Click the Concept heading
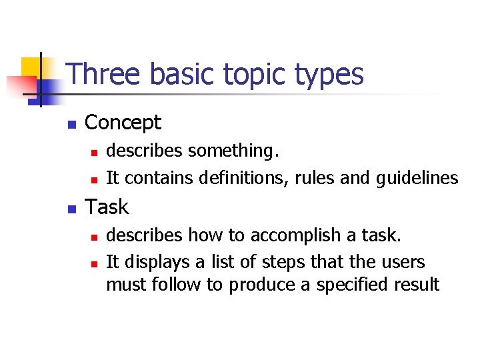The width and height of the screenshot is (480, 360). point(123,123)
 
